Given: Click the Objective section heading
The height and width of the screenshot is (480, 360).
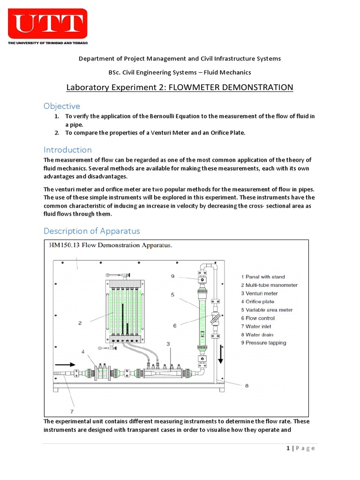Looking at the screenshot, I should pyautogui.click(x=62, y=106).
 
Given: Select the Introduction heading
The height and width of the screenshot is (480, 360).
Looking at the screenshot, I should pyautogui.click(x=67, y=150).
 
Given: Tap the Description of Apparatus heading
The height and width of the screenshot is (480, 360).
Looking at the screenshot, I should pyautogui.click(x=91, y=231).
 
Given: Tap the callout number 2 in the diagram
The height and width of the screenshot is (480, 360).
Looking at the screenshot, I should pyautogui.click(x=80, y=322).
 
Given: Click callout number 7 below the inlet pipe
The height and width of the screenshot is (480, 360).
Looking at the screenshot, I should pyautogui.click(x=72, y=412).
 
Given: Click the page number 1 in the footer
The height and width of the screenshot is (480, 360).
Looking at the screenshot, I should pyautogui.click(x=288, y=448).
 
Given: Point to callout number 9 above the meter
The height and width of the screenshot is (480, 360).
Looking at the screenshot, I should pyautogui.click(x=172, y=277).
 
